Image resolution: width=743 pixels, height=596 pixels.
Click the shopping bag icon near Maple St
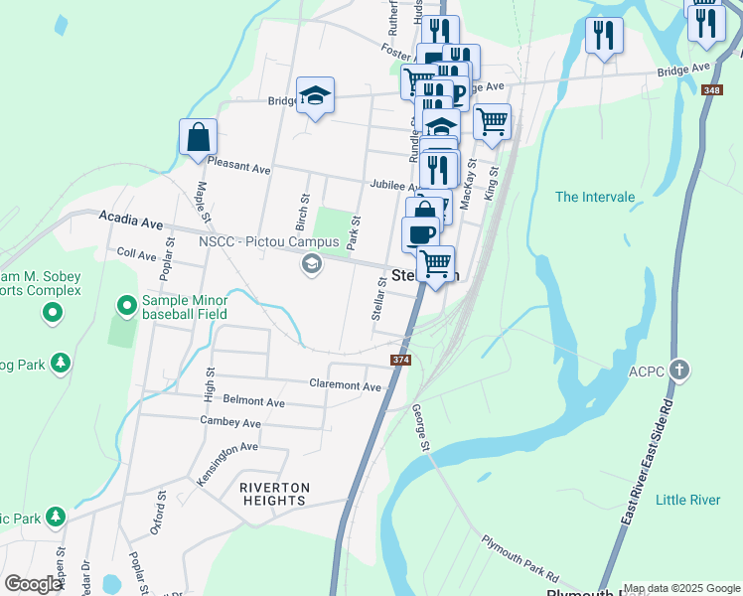pyautogui.click(x=198, y=138)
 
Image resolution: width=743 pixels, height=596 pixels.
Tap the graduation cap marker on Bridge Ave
pyautogui.click(x=315, y=96)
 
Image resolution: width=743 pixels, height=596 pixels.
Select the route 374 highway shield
pyautogui.click(x=401, y=361)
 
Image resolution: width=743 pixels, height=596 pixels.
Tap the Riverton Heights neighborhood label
pyautogui.click(x=274, y=494)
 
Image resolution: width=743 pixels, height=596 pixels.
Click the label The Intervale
pyautogui.click(x=594, y=197)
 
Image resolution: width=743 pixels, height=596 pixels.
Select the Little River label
pyautogui.click(x=688, y=500)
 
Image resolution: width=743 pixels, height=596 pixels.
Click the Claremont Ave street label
pyautogui.click(x=345, y=385)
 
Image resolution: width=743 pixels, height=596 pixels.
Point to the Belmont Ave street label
pyautogui.click(x=254, y=402)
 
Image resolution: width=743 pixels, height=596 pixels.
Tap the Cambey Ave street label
pyautogui.click(x=230, y=423)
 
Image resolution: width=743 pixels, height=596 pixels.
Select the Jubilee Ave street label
pyautogui.click(x=395, y=186)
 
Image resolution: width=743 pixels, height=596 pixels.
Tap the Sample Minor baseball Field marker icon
pyautogui.click(x=126, y=303)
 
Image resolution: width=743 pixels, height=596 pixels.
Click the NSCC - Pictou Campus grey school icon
pyautogui.click(x=312, y=264)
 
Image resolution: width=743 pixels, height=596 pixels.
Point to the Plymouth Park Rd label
pyautogui.click(x=521, y=561)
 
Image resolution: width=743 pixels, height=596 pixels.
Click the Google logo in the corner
pyautogui.click(x=33, y=584)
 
